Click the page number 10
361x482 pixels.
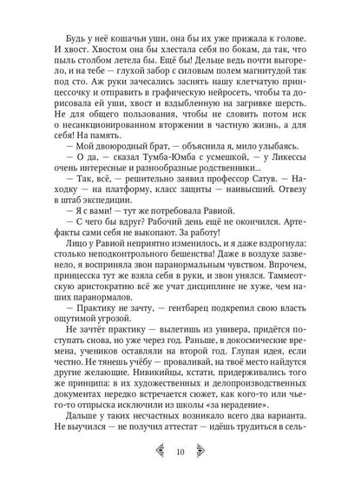click(180, 451)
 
